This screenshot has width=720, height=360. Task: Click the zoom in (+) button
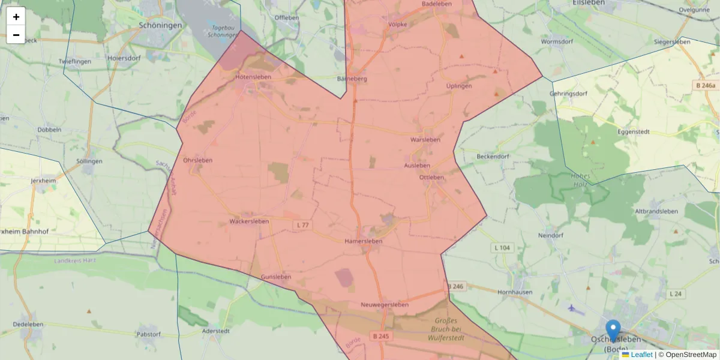[16, 17]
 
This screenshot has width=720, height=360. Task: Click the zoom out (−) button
[16, 35]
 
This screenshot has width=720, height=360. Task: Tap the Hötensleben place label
[253, 77]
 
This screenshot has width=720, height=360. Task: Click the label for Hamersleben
[364, 241]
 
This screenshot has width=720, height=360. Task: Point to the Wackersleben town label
[249, 222]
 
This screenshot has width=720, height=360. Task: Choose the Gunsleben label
[276, 277]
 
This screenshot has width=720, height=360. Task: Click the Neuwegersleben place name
[385, 305]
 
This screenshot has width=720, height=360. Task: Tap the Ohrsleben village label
[197, 160]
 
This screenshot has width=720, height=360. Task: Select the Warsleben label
[425, 140]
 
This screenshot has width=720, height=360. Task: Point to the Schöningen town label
[160, 26]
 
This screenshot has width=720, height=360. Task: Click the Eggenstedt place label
[634, 131]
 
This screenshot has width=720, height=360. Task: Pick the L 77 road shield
[302, 225]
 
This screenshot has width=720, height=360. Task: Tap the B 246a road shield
[705, 86]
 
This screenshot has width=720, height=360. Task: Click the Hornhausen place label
[515, 292]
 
